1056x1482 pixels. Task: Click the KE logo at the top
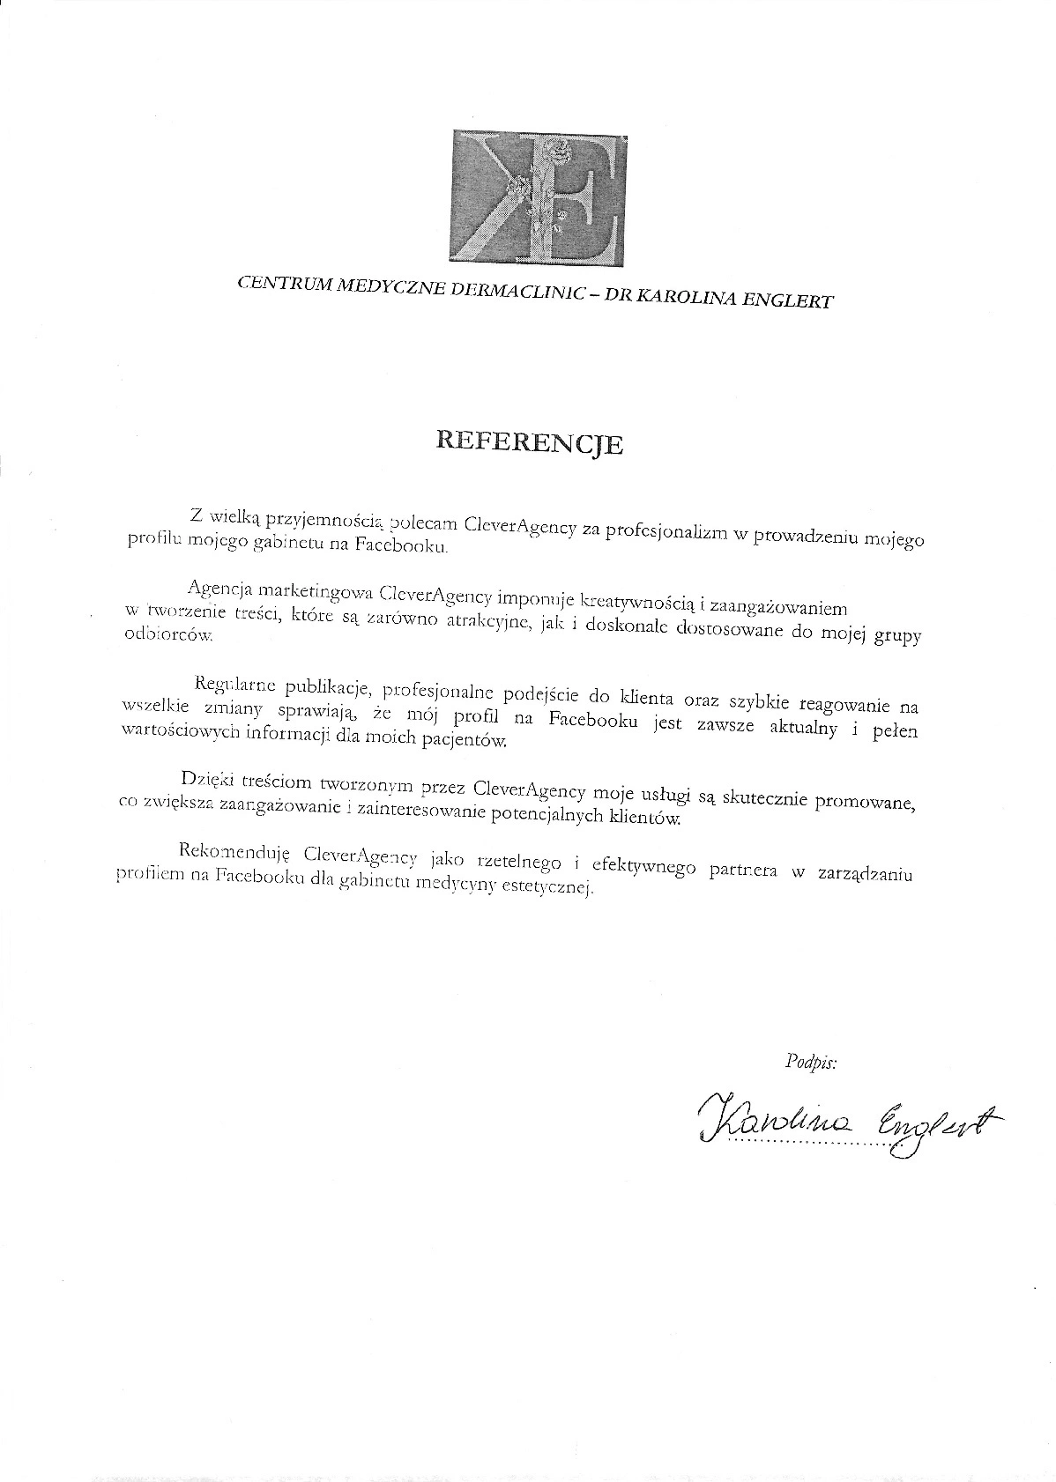540,199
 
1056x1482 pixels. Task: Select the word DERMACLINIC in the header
518,293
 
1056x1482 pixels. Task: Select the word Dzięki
205,780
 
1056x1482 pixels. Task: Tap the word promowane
866,801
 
